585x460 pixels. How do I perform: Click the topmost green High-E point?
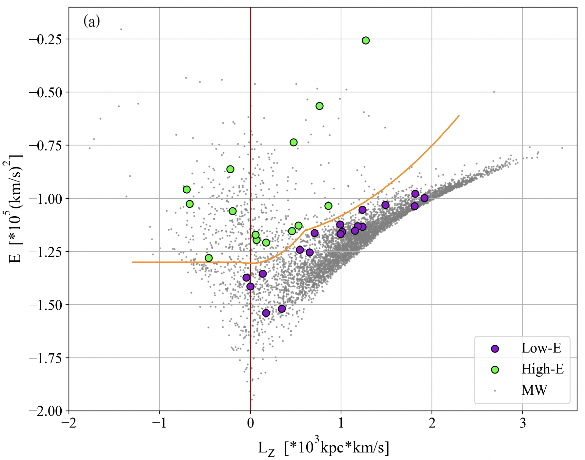(366, 40)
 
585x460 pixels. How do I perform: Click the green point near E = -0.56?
(319, 106)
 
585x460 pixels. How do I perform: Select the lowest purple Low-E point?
(266, 313)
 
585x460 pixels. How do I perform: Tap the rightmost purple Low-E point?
(424, 198)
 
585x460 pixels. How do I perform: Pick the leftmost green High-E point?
(187, 189)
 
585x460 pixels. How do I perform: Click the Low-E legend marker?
(495, 349)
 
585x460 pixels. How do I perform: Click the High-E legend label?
(542, 369)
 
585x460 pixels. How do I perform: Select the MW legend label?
(534, 390)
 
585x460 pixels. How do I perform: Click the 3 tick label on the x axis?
(523, 423)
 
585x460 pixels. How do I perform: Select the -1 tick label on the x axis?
(160, 423)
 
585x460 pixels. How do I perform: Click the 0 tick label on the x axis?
(251, 423)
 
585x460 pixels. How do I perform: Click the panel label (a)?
(91, 22)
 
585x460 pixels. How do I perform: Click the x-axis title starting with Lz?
(323, 448)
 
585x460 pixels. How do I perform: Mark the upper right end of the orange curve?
(459, 116)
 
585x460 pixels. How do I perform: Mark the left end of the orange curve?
(132, 262)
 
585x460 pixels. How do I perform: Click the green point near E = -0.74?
(293, 142)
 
